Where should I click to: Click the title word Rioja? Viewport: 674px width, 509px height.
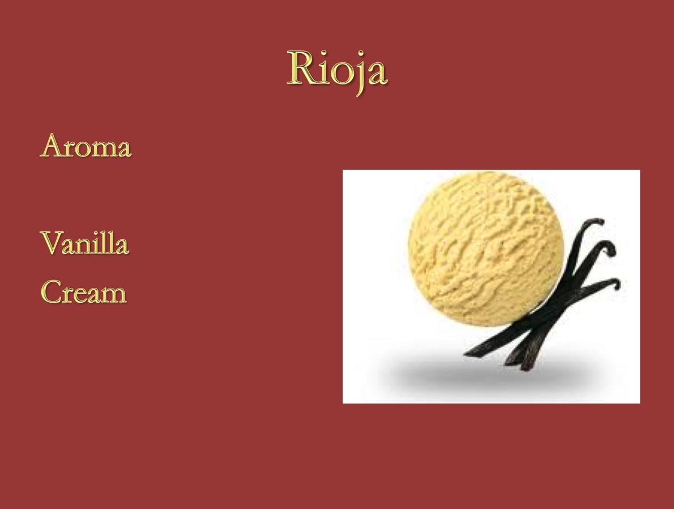[338, 71]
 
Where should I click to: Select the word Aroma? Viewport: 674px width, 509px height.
[86, 146]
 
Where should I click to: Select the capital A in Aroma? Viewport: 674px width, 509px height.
[52, 146]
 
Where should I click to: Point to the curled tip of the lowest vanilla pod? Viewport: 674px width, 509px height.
[615, 283]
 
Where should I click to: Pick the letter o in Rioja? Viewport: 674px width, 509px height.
[343, 74]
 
